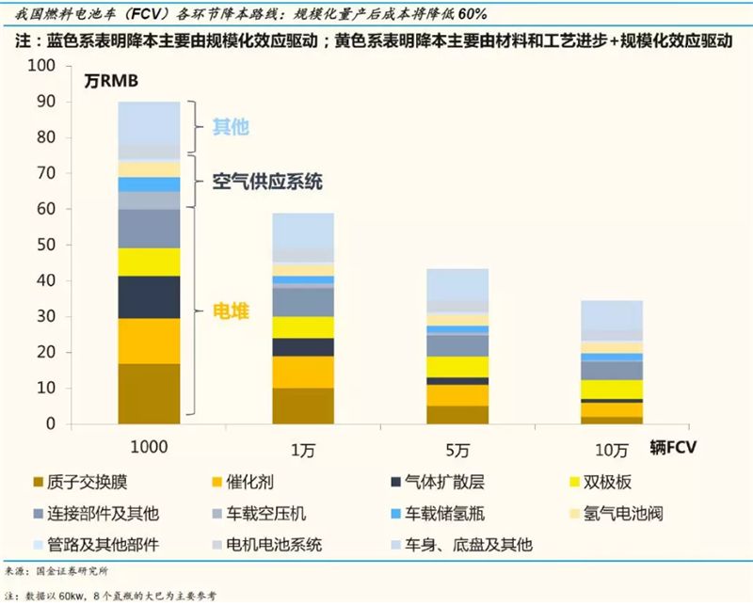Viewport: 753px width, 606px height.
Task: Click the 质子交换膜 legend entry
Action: tap(74, 483)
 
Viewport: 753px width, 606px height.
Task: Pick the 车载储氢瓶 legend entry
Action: tap(438, 514)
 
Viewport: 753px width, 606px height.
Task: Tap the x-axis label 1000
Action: tap(149, 446)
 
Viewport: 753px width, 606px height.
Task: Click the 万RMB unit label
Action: tap(111, 82)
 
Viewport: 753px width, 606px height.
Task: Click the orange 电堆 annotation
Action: tap(231, 311)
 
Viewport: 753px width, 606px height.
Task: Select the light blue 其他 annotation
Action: tap(231, 127)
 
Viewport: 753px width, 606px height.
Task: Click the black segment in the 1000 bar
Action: tap(149, 296)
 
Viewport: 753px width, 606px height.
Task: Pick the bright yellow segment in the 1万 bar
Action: tap(302, 327)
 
